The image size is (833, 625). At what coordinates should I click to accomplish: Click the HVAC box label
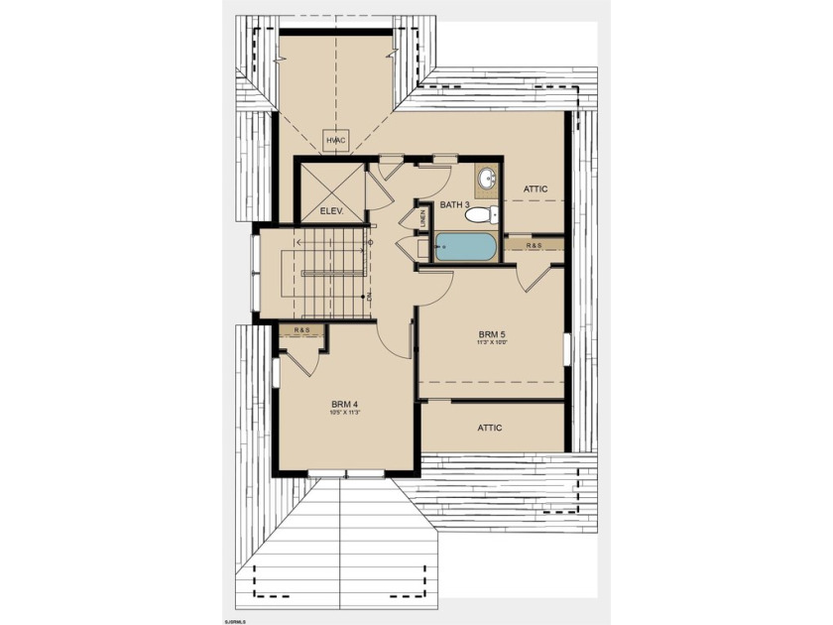pos(336,141)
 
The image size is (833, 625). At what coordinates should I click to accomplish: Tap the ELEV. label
pos(330,210)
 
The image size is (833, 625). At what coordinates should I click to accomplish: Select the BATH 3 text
pos(455,205)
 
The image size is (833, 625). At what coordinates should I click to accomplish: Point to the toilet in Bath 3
pos(478,213)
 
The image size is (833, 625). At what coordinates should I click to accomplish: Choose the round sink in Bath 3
pos(486,180)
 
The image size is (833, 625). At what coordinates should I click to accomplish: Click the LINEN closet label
pos(422,218)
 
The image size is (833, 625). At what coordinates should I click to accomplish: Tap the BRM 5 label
pos(490,334)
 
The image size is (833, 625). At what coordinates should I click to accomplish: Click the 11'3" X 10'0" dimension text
pos(490,344)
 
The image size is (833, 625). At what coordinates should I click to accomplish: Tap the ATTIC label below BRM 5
pos(490,428)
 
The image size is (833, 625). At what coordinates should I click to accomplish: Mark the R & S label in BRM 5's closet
pos(535,244)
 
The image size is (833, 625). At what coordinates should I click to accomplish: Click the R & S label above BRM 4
pos(299,329)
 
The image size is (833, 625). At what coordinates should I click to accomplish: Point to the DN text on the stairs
pos(369,297)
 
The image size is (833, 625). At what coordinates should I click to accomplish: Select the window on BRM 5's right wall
pos(566,349)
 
